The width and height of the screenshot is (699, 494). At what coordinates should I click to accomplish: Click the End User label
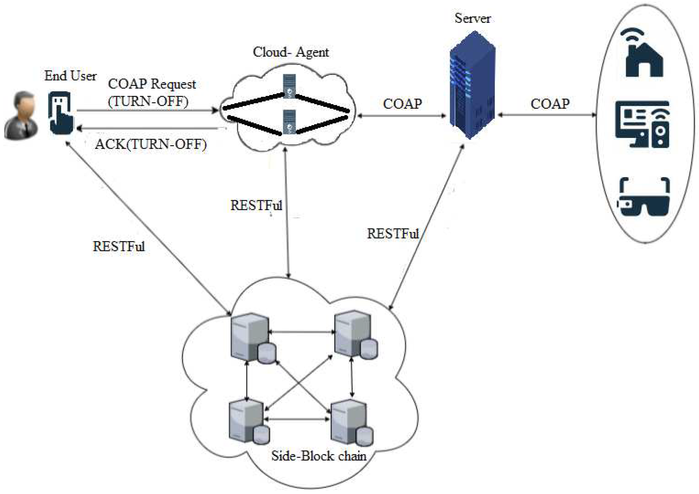[x=70, y=76]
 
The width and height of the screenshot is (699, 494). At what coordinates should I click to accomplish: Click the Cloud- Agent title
[x=291, y=52]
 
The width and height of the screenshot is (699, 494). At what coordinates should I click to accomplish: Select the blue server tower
[x=473, y=85]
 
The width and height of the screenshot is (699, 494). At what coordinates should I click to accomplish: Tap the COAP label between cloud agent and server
[x=402, y=104]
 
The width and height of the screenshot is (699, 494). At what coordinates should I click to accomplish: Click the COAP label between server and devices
[x=550, y=104]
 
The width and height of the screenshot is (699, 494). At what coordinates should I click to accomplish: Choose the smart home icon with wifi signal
[x=644, y=53]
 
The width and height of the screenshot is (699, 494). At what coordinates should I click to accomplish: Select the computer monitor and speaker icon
[x=643, y=125]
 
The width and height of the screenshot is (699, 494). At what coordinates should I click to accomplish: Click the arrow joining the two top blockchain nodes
[x=301, y=332]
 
